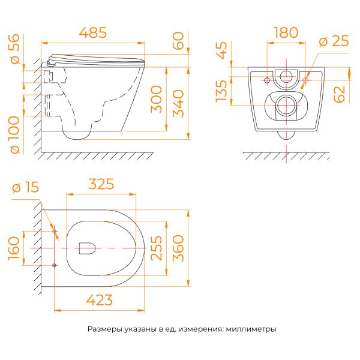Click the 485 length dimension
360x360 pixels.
(93, 32)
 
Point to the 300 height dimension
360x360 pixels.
(157, 99)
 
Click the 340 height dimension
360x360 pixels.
(178, 104)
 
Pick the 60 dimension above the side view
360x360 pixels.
(178, 41)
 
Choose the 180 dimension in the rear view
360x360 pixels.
(286, 32)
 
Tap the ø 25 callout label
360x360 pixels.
(334, 41)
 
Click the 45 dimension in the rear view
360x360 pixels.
(221, 50)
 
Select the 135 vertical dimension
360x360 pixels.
(221, 91)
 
